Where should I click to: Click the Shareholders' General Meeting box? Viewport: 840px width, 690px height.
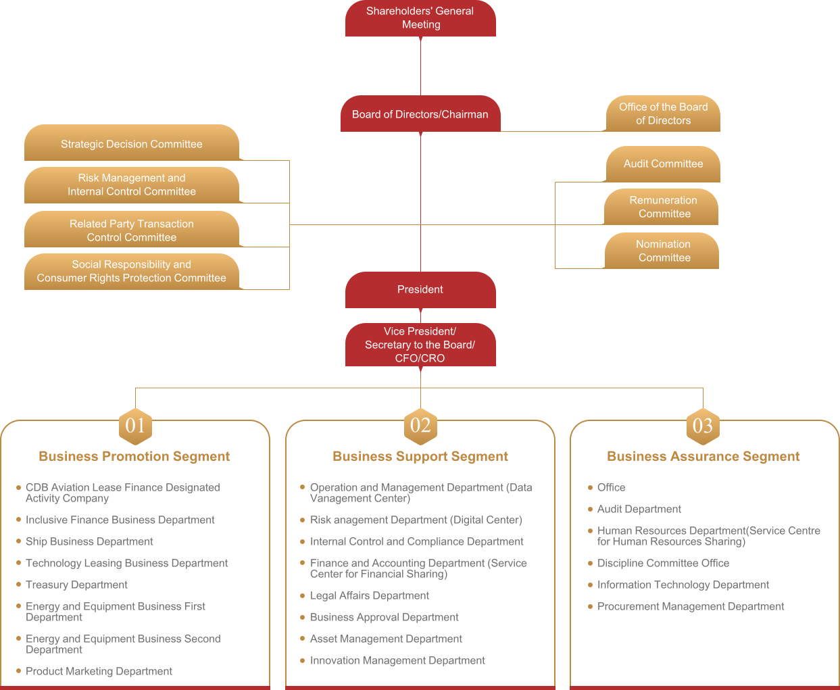coord(420,18)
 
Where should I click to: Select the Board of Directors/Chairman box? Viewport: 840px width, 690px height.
coord(420,114)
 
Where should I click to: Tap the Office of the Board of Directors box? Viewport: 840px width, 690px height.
coord(663,114)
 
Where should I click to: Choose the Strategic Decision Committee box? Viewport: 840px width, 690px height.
coord(132,144)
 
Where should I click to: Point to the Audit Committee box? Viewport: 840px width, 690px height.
coord(663,164)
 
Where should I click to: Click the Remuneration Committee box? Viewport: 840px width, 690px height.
coord(663,207)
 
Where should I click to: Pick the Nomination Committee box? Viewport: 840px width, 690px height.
coord(663,251)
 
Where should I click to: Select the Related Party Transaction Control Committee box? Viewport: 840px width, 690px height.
coord(132,230)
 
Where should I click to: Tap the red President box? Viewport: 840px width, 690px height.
coord(420,290)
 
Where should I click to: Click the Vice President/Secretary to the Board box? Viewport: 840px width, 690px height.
coord(420,345)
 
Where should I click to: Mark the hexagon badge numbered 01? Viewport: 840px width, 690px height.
coord(135,426)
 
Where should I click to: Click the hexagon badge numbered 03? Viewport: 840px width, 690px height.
coord(703,426)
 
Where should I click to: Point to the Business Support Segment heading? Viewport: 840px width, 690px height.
coord(420,457)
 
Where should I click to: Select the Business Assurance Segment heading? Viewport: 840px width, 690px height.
coord(703,457)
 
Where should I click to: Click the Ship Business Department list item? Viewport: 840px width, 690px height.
coord(89,542)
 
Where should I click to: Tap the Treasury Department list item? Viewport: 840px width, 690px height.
coord(76,585)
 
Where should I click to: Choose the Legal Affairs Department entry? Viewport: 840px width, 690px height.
coord(370,596)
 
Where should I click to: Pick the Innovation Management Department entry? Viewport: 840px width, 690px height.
coord(397,661)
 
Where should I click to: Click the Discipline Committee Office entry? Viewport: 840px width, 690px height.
coord(663,564)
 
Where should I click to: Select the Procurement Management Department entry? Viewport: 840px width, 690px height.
coord(691,607)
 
